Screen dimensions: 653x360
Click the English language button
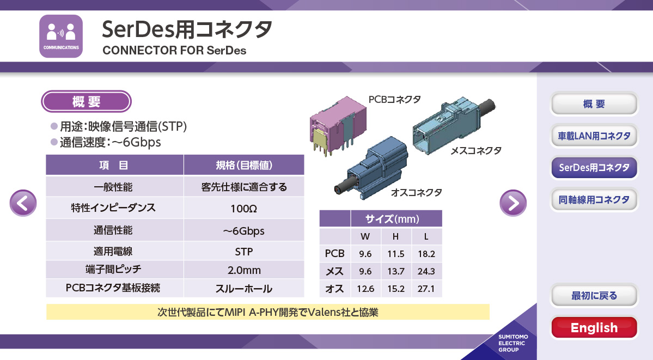pyautogui.click(x=594, y=327)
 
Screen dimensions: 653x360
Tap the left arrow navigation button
pyautogui.click(x=23, y=203)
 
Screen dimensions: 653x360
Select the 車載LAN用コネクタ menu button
pyautogui.click(x=594, y=136)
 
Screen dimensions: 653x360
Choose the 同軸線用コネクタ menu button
pyautogui.click(x=594, y=199)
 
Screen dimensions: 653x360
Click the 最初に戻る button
pyautogui.click(x=594, y=295)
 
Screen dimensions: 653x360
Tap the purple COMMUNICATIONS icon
pyautogui.click(x=61, y=36)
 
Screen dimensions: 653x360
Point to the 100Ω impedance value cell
pyautogui.click(x=244, y=209)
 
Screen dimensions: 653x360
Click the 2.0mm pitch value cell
pyautogui.click(x=244, y=270)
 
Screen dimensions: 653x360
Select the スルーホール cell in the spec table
pyautogui.click(x=244, y=288)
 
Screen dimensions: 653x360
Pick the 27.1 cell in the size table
pyautogui.click(x=426, y=288)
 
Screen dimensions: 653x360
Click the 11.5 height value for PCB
pyautogui.click(x=395, y=254)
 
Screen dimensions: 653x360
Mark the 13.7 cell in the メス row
pyautogui.click(x=395, y=271)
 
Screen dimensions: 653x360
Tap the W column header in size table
pyautogui.click(x=365, y=236)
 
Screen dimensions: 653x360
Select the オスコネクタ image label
pyautogui.click(x=417, y=192)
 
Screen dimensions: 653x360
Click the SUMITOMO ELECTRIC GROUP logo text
pyautogui.click(x=513, y=343)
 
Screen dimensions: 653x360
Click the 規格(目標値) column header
pyautogui.click(x=244, y=165)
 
